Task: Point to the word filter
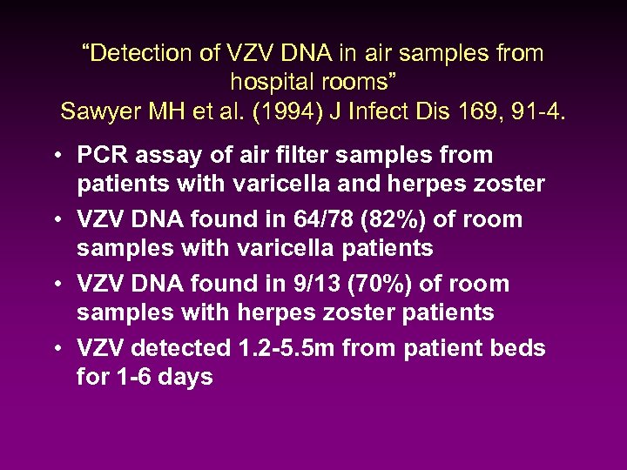(290, 156)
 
